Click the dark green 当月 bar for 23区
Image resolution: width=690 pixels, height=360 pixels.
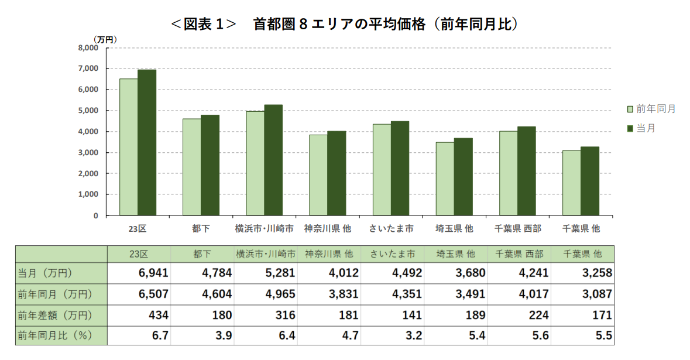pyautogui.click(x=147, y=143)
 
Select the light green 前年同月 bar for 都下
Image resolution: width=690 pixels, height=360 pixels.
pyautogui.click(x=191, y=167)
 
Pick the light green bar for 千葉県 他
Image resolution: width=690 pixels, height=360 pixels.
pyautogui.click(x=571, y=183)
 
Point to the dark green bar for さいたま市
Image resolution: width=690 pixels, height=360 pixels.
pyautogui.click(x=400, y=169)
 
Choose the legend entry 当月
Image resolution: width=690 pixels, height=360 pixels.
pyautogui.click(x=646, y=128)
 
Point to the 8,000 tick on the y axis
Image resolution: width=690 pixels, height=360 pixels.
pyautogui.click(x=88, y=48)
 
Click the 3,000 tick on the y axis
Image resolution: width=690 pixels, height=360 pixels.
pyautogui.click(x=88, y=153)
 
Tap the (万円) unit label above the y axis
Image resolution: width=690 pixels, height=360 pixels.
pyautogui.click(x=105, y=39)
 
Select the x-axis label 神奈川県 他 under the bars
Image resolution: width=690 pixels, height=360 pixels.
pyautogui.click(x=328, y=228)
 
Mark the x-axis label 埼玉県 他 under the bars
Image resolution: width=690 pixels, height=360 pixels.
pyautogui.click(x=455, y=228)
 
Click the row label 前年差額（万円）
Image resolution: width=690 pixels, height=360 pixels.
pyautogui.click(x=55, y=315)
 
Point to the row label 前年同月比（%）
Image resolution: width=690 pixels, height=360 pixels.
pyautogui.click(x=55, y=336)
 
